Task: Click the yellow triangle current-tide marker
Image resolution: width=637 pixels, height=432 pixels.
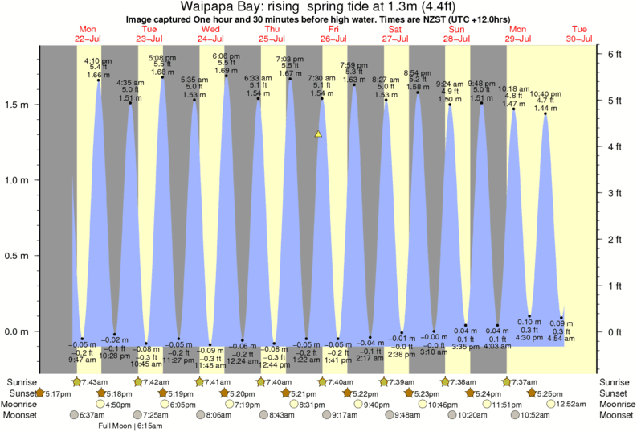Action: (x=319, y=134)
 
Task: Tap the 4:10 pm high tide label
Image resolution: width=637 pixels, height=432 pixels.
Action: (x=98, y=60)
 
